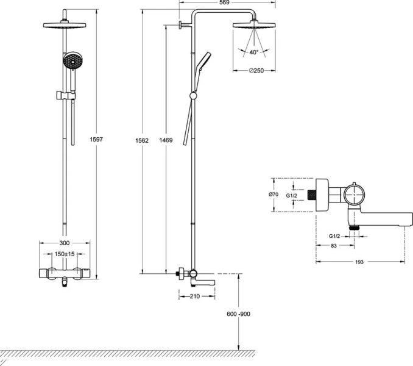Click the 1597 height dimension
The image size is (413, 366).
point(97,140)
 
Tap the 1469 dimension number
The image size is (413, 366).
point(165,140)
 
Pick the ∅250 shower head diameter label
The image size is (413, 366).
point(256,71)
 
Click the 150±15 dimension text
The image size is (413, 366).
point(64,253)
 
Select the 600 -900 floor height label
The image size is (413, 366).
point(238,314)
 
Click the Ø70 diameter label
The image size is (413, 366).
point(274,195)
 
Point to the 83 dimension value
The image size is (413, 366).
point(334,245)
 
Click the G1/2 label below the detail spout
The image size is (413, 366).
point(334,235)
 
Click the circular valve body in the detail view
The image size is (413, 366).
point(354,195)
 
